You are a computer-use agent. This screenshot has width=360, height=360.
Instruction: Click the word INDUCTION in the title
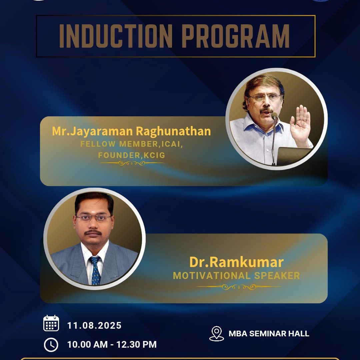coord(116,36)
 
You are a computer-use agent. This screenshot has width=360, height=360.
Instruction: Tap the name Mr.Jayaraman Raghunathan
coord(131,132)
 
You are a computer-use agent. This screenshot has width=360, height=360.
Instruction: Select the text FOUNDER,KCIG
coord(132,155)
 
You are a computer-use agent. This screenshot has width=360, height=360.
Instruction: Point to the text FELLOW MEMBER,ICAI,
coord(131,144)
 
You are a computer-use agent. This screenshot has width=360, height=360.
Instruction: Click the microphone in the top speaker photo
coord(274,138)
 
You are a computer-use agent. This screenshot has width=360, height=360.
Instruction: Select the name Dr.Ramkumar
coord(236,262)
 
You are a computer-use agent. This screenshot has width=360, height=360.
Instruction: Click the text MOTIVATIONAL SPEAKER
coord(236,276)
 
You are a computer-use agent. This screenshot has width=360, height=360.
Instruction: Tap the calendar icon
coord(51,323)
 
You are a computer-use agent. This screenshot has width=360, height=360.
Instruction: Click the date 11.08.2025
coord(94,326)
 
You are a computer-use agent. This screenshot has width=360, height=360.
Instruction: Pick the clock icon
coord(51,345)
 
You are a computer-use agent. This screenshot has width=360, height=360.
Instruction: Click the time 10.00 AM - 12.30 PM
coord(112,344)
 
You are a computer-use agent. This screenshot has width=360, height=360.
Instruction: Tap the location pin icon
coord(217,334)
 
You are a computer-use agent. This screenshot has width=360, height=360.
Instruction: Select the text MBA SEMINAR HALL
coord(269,334)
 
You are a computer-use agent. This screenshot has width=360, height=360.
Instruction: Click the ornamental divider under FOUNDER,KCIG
coord(132,163)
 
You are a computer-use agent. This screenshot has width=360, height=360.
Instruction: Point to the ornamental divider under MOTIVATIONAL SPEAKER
coord(239,287)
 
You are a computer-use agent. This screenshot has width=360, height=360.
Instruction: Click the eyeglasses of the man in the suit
coord(94,217)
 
